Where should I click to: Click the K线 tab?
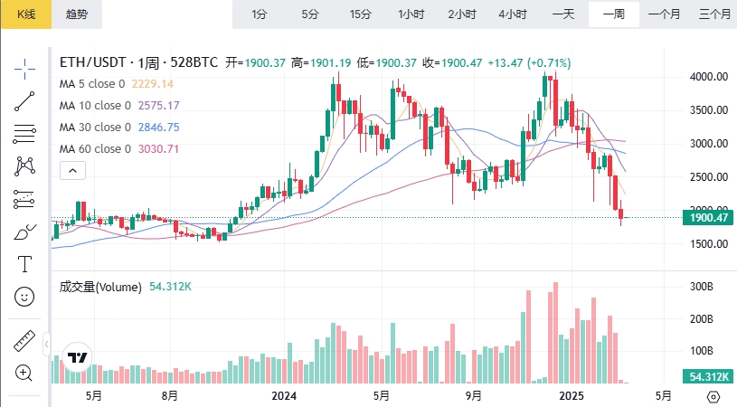click(x=25, y=14)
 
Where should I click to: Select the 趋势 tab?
click(x=77, y=14)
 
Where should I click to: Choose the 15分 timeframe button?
click(x=360, y=14)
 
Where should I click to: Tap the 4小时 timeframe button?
click(x=513, y=14)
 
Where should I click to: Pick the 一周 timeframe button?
click(x=613, y=14)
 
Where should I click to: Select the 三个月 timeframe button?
click(x=714, y=14)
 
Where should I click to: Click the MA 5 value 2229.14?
click(x=153, y=84)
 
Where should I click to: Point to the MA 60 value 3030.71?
click(x=158, y=149)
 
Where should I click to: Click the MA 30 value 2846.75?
click(x=158, y=128)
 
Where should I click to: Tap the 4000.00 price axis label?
click(x=708, y=77)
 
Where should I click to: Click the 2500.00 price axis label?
click(x=708, y=177)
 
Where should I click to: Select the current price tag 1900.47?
click(x=709, y=218)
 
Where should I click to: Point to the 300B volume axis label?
click(x=702, y=287)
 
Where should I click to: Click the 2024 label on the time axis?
click(x=284, y=396)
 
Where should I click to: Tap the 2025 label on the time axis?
click(x=571, y=396)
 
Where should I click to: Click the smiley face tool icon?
click(x=24, y=296)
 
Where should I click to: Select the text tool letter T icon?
click(x=24, y=264)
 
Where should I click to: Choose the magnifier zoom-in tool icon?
click(x=24, y=372)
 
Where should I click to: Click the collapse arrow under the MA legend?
click(x=72, y=170)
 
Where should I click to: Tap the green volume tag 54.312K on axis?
click(x=709, y=376)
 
